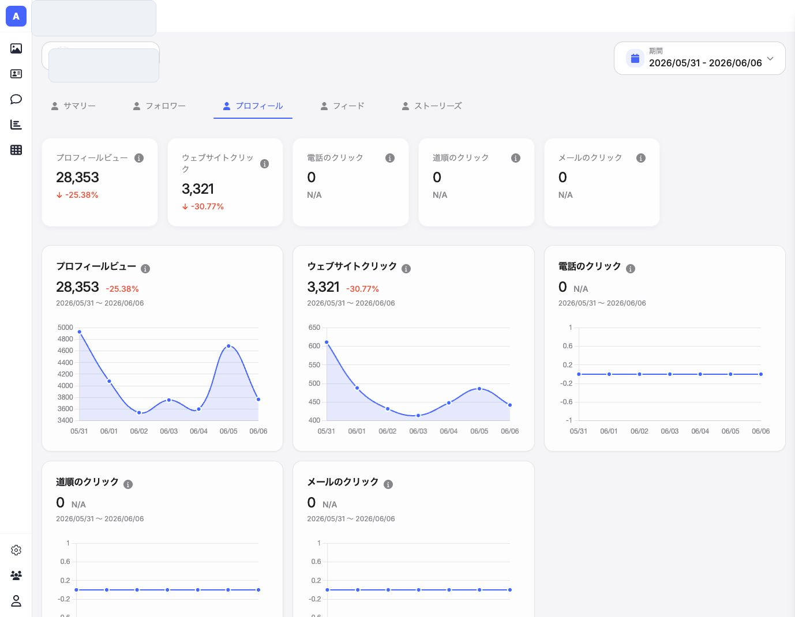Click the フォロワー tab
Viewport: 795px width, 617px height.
click(x=159, y=106)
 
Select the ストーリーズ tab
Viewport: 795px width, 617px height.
click(x=432, y=106)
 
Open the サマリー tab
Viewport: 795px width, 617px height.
click(x=73, y=106)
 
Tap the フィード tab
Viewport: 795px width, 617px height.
click(x=343, y=106)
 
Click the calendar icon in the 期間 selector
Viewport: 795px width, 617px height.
click(x=635, y=58)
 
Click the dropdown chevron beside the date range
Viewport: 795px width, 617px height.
click(x=770, y=58)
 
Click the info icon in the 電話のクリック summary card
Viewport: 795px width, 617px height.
click(x=390, y=158)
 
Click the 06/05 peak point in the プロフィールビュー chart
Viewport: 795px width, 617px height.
click(x=228, y=346)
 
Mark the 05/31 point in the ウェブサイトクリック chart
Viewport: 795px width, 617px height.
click(x=327, y=342)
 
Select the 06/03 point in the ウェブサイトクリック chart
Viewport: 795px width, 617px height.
click(x=418, y=415)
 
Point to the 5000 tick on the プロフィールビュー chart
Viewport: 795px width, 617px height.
click(x=65, y=328)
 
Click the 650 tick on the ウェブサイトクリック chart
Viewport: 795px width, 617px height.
click(x=314, y=328)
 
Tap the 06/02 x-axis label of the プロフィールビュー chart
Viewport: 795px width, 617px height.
click(x=139, y=431)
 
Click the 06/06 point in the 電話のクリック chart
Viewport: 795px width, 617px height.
click(x=761, y=374)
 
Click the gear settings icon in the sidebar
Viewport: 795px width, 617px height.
click(x=16, y=550)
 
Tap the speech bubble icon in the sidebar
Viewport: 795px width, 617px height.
click(x=16, y=99)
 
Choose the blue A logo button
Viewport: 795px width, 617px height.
click(x=16, y=16)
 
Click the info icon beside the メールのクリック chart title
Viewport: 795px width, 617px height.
click(x=388, y=484)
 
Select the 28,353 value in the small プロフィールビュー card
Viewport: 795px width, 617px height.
click(x=77, y=177)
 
